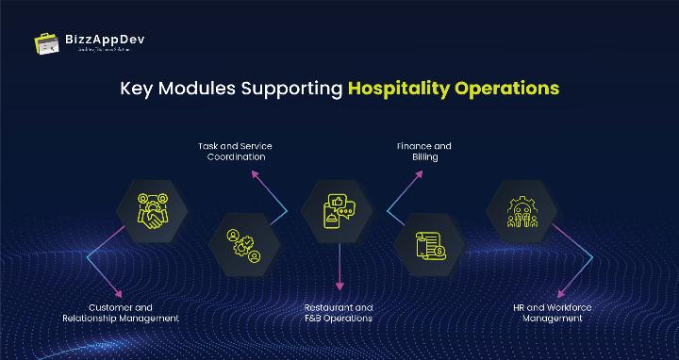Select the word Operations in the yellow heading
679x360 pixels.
click(508, 90)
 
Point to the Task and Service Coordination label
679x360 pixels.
click(235, 152)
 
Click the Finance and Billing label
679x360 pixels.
click(423, 152)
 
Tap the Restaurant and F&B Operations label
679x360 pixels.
click(338, 313)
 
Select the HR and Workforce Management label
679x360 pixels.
click(555, 313)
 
